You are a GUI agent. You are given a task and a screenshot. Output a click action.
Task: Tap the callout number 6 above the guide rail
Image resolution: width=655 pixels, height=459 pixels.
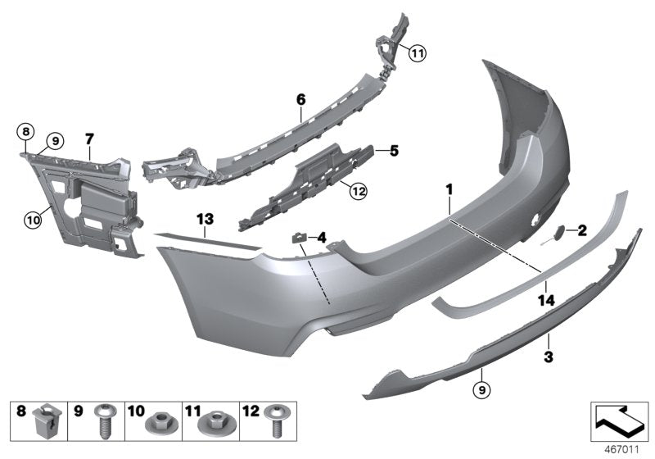(300, 99)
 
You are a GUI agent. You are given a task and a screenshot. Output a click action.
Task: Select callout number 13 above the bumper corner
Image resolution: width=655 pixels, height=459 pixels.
(204, 218)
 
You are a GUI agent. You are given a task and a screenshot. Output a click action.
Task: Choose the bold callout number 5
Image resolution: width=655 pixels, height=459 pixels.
(393, 151)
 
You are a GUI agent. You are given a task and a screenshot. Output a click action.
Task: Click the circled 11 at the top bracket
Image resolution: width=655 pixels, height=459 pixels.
(418, 55)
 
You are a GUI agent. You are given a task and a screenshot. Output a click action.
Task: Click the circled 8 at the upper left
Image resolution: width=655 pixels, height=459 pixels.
(25, 131)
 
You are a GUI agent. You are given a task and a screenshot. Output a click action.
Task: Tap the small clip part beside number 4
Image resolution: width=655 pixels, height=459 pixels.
(300, 239)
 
